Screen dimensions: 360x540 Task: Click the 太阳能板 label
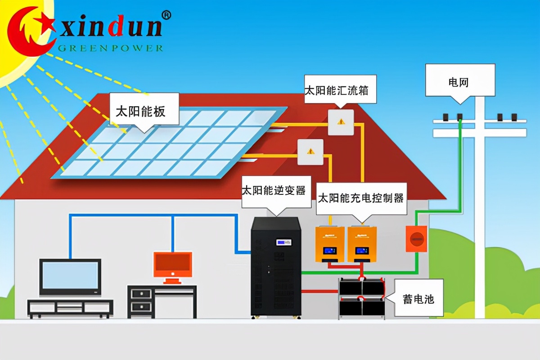(x=140, y=111)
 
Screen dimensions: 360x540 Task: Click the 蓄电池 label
(x=418, y=298)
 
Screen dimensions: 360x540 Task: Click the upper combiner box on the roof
(x=341, y=122)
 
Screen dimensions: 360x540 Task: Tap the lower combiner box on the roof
(x=310, y=152)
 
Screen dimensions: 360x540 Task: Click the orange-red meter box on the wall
(x=416, y=238)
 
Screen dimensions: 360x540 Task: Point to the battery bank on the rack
(x=362, y=297)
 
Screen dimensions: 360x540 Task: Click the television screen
(x=70, y=276)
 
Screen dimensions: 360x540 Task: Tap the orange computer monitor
(x=173, y=265)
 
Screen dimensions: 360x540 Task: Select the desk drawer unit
(x=141, y=301)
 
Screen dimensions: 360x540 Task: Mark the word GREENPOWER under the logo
(x=110, y=48)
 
